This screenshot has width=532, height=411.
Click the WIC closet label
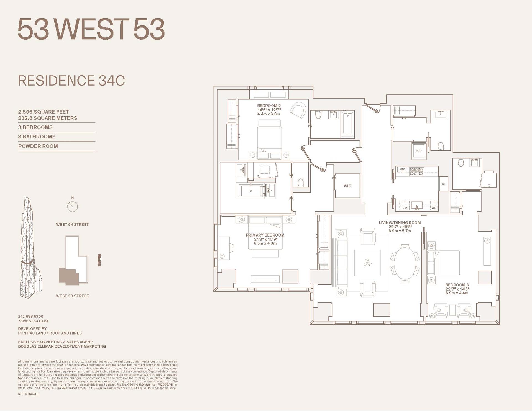pos(347,186)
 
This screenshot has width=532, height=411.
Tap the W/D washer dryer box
pos(418,150)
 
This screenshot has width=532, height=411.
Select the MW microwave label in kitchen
pos(402,169)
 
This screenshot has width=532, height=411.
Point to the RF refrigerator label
pos(444,184)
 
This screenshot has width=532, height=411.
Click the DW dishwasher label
pos(405,208)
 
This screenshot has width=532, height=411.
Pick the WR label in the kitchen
pos(434,208)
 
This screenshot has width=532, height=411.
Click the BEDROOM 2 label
pos(269,106)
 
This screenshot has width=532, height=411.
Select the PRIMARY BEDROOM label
pos(265,235)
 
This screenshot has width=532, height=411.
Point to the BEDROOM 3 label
pos(457,285)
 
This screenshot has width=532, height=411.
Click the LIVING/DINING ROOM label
pos(400,222)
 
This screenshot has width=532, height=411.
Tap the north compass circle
pos(73,206)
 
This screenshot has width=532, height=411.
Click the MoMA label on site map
pos(99,260)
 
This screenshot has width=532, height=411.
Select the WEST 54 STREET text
pos(72,225)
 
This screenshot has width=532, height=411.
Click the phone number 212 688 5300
pos(31,316)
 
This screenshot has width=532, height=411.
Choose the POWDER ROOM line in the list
pos(38,146)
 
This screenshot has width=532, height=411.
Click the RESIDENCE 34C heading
pos(71,81)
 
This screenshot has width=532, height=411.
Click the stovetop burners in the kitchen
pos(416,172)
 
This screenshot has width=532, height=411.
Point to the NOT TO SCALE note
pos(28,394)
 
